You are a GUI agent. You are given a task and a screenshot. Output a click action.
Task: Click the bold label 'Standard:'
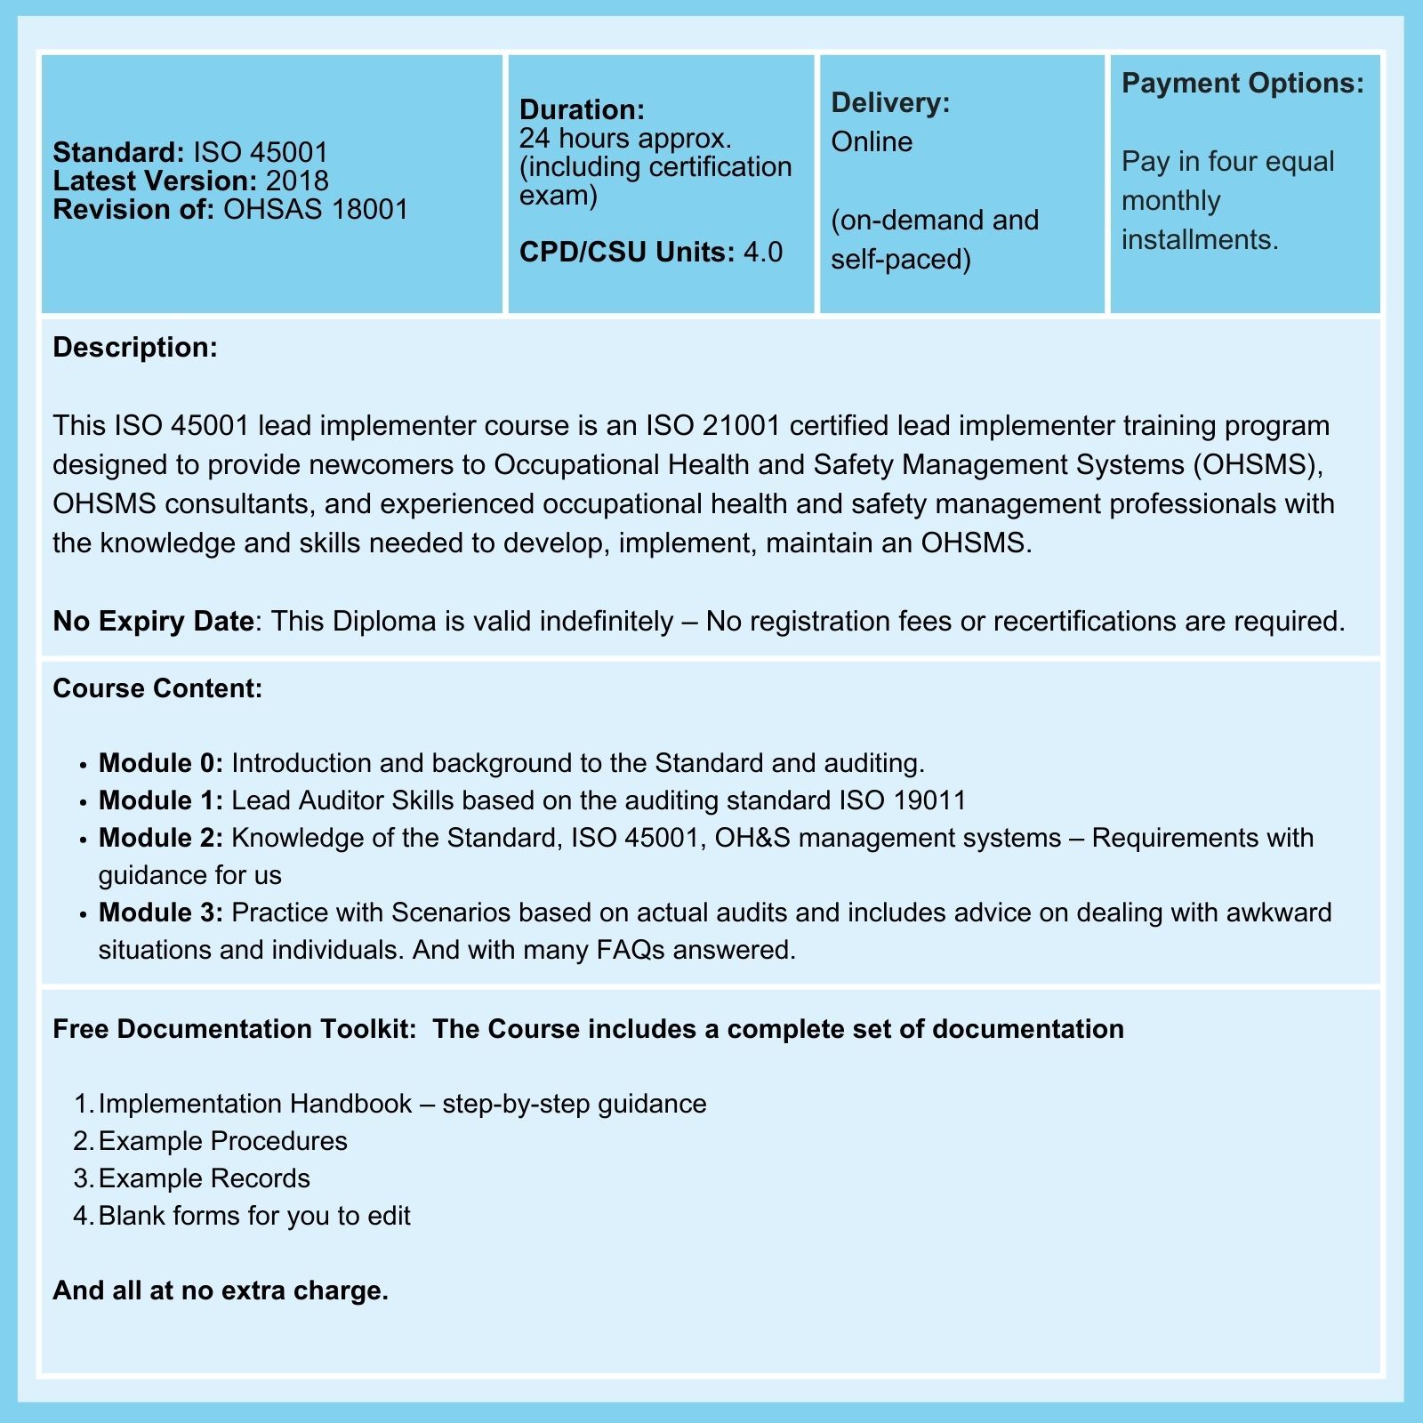pyautogui.click(x=118, y=152)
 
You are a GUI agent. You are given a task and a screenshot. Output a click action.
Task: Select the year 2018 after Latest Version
pyautogui.click(x=297, y=181)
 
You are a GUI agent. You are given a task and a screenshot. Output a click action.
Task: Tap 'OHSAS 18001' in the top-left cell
pyautogui.click(x=316, y=209)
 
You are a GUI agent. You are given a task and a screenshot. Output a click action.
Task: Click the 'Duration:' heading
pyautogui.click(x=582, y=109)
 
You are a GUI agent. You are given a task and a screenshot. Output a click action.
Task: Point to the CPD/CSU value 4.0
pyautogui.click(x=763, y=252)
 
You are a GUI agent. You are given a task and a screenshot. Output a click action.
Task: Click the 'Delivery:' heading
pyautogui.click(x=890, y=102)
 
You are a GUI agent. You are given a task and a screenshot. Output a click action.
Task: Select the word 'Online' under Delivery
pyautogui.click(x=872, y=141)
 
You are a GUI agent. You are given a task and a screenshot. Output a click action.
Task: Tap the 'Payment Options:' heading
pyautogui.click(x=1242, y=83)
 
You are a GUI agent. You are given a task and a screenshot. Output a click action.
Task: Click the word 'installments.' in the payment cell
pyautogui.click(x=1200, y=239)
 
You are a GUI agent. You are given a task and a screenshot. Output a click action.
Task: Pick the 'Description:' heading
pyautogui.click(x=135, y=347)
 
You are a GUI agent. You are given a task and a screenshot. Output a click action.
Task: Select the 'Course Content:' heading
pyautogui.click(x=157, y=688)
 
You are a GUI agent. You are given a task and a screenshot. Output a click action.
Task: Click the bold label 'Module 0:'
pyautogui.click(x=161, y=763)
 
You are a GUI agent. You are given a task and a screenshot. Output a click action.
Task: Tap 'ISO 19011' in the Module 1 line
pyautogui.click(x=902, y=800)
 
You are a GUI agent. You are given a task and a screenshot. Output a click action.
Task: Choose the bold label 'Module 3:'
pyautogui.click(x=161, y=912)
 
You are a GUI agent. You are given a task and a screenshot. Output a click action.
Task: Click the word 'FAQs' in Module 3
pyautogui.click(x=631, y=950)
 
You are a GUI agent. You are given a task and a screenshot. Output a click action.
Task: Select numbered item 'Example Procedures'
pyautogui.click(x=222, y=1141)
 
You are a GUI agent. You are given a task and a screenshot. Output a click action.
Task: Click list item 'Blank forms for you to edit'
pyautogui.click(x=254, y=1216)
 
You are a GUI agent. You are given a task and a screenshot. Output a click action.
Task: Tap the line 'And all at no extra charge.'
pyautogui.click(x=221, y=1290)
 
